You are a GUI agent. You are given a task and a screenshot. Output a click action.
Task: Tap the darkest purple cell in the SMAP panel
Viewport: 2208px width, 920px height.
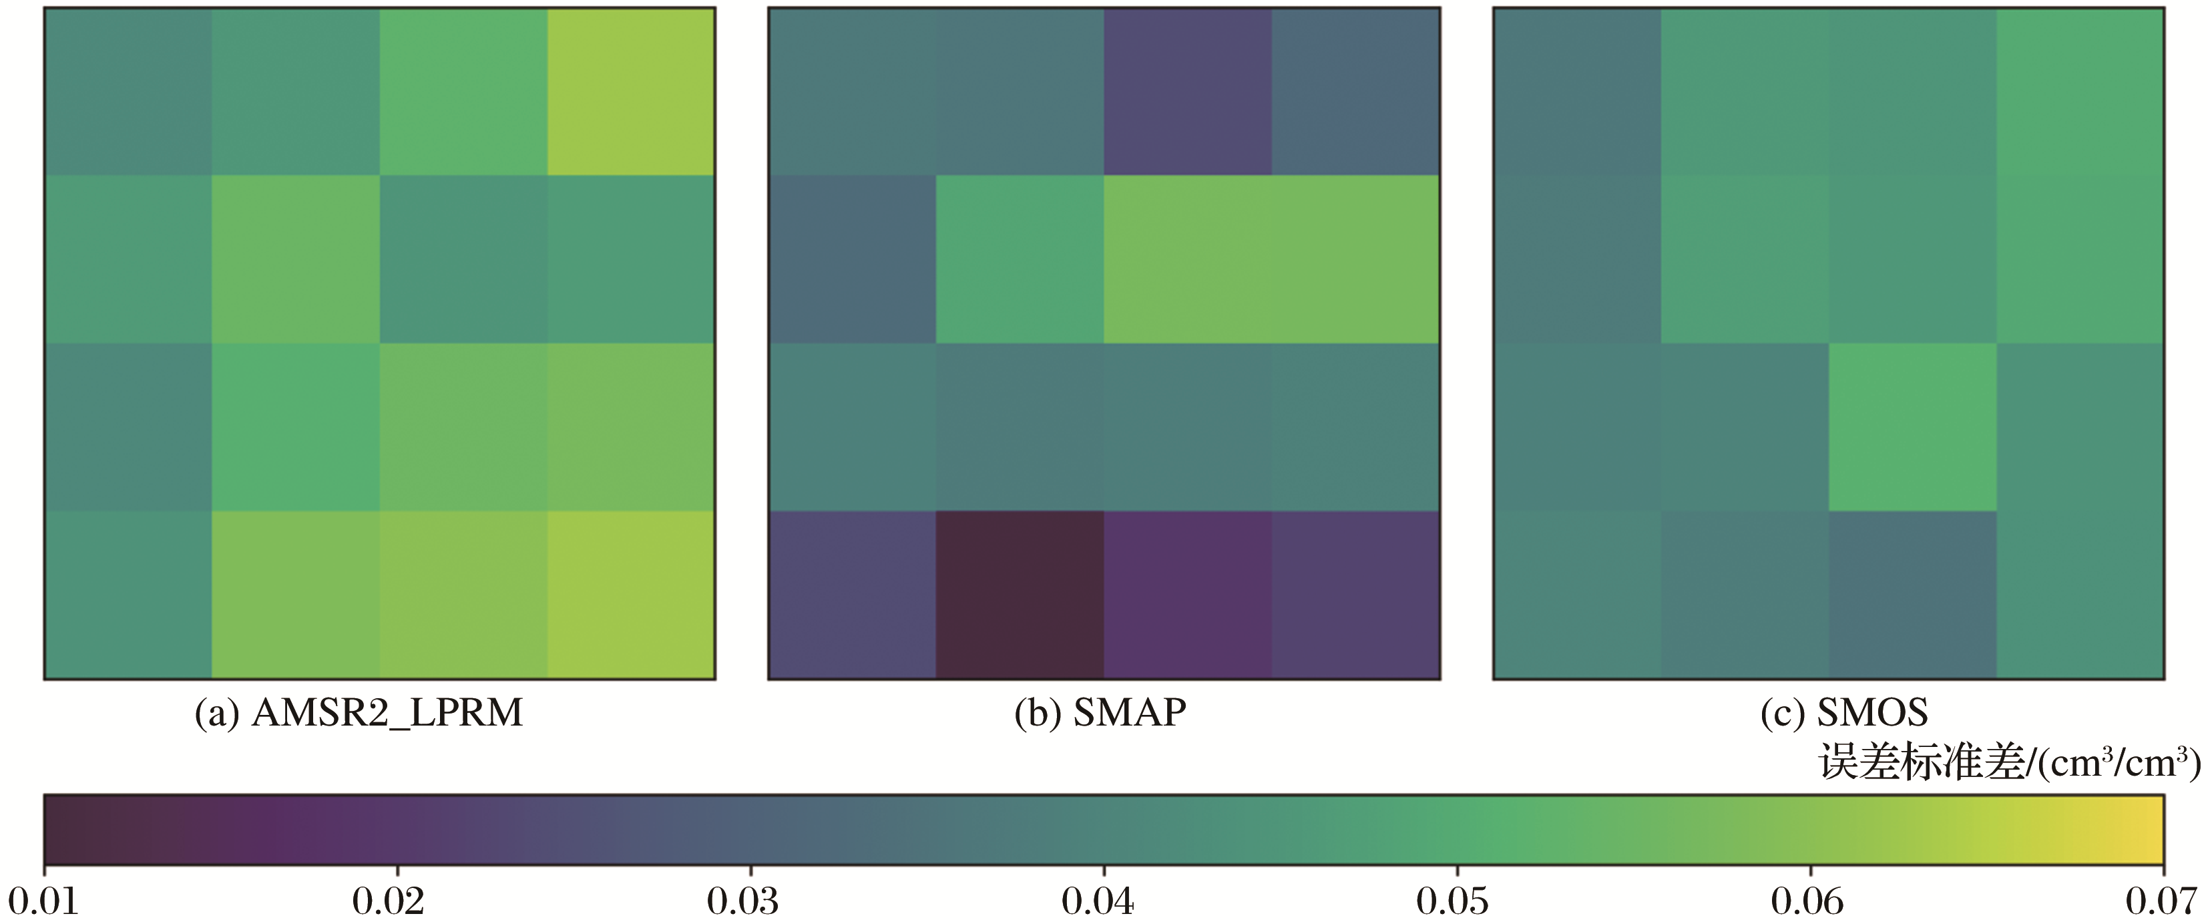tap(1019, 595)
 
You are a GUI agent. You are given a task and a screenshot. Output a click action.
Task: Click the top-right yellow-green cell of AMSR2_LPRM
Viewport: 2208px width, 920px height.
tap(631, 92)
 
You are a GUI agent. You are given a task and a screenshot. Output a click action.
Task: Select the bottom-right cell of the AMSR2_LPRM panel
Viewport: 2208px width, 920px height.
tap(631, 595)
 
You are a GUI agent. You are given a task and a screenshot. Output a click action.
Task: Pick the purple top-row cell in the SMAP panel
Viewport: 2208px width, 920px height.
tap(1187, 92)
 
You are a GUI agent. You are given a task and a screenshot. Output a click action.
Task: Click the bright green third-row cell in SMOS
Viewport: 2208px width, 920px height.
tap(1912, 427)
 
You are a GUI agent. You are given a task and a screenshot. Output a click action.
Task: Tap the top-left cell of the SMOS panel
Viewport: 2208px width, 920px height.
tap(1577, 92)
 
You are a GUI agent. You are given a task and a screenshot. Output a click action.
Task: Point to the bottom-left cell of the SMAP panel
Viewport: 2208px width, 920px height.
tap(852, 595)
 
